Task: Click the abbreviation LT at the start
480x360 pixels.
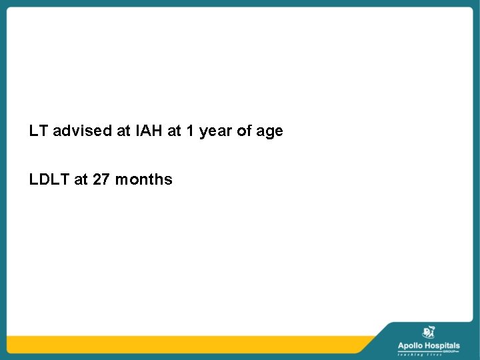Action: point(39,131)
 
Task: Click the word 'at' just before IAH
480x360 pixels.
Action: point(124,131)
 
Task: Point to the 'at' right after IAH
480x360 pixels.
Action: point(174,131)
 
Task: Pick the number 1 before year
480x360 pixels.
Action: point(190,131)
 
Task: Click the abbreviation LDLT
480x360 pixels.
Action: point(50,179)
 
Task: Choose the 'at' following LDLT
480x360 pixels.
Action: point(82,179)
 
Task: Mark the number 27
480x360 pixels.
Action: point(102,179)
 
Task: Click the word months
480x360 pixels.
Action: point(143,179)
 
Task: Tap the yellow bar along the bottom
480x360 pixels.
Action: point(187,344)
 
